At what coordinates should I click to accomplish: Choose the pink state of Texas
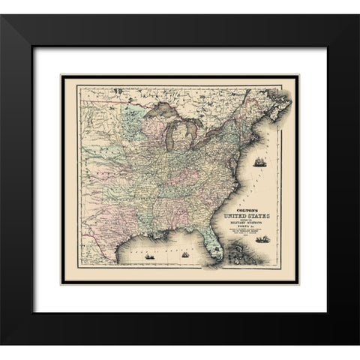112,225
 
